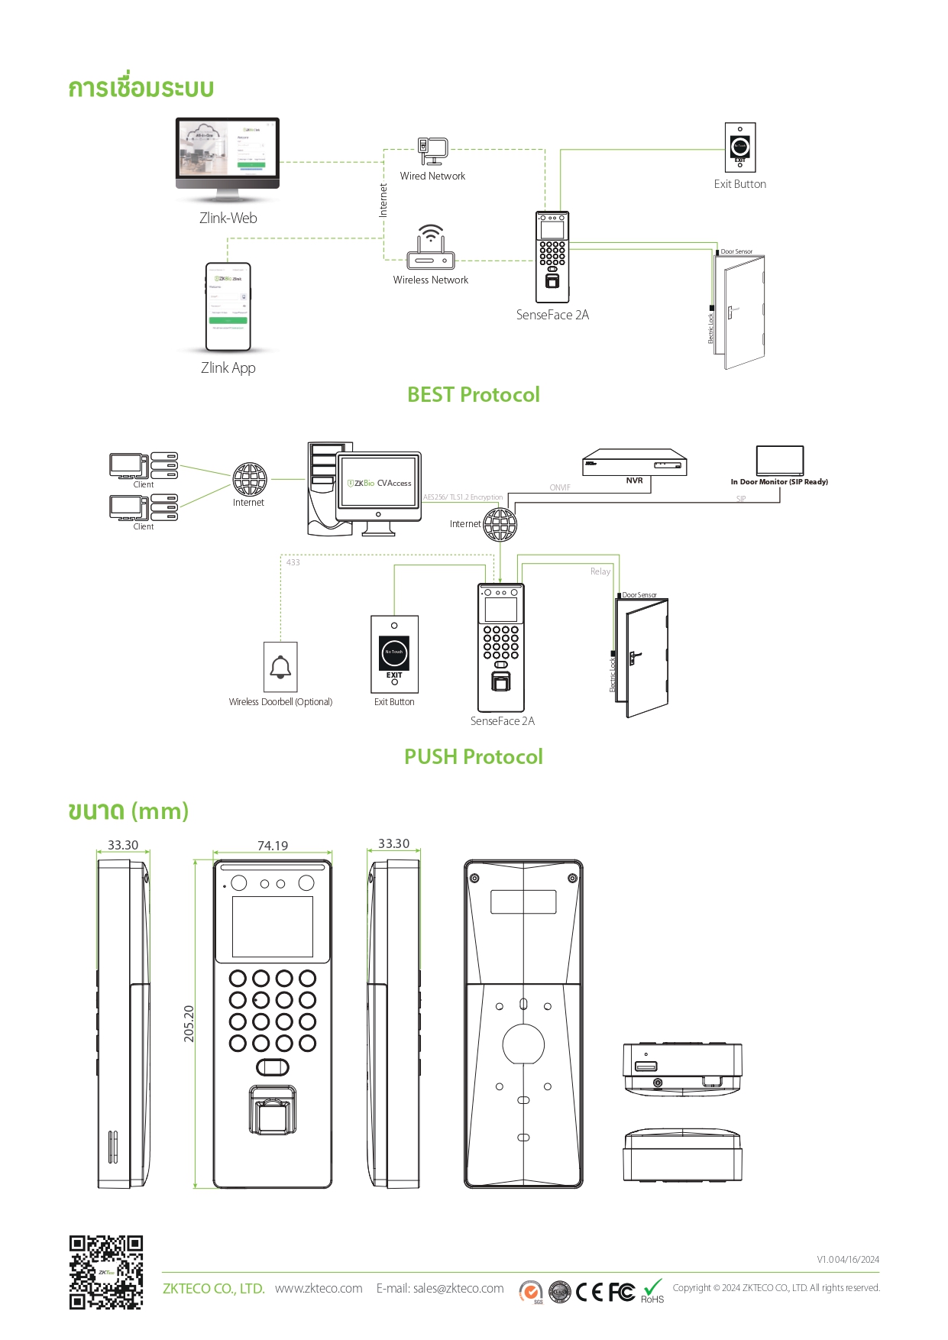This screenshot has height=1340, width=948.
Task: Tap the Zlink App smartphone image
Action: [x=228, y=306]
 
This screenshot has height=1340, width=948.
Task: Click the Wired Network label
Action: [x=432, y=176]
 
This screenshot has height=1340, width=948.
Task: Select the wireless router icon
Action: [x=431, y=248]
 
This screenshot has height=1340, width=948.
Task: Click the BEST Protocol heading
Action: [x=473, y=395]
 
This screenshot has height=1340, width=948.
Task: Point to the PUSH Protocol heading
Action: [x=473, y=757]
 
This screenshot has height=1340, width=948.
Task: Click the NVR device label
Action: [x=634, y=481]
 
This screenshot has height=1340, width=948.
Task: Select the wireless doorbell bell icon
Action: [x=280, y=667]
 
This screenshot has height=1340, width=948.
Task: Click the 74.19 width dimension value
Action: [x=273, y=846]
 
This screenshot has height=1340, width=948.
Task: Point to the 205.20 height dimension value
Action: [x=189, y=1024]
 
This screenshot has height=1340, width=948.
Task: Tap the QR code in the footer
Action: [x=106, y=1273]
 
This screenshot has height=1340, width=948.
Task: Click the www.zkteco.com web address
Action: [x=319, y=1289]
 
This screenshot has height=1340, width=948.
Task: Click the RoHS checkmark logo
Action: [x=652, y=1290]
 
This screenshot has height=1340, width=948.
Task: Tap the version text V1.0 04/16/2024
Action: [x=848, y=1260]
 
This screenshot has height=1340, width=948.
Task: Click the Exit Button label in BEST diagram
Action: [x=739, y=184]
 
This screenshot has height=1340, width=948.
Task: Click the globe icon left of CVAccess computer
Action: [x=250, y=480]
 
